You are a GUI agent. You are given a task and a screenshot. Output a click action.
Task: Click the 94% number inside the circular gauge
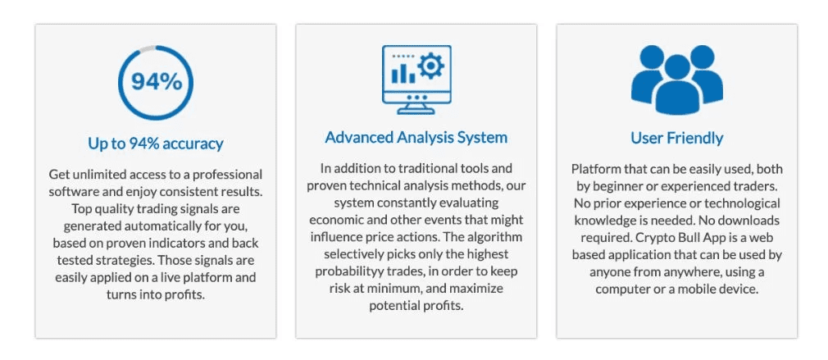157,82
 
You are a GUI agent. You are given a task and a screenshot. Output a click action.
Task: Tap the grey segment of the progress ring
148,48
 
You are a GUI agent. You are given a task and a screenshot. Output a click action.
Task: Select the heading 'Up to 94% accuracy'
155,143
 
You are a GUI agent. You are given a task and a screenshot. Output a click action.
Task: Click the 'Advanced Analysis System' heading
416,137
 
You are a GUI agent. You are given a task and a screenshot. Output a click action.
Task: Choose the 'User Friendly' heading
677,138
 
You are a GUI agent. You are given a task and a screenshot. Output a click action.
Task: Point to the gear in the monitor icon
430,66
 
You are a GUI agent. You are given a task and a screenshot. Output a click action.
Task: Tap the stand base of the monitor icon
416,111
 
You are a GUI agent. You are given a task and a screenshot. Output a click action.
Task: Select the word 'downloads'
752,220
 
